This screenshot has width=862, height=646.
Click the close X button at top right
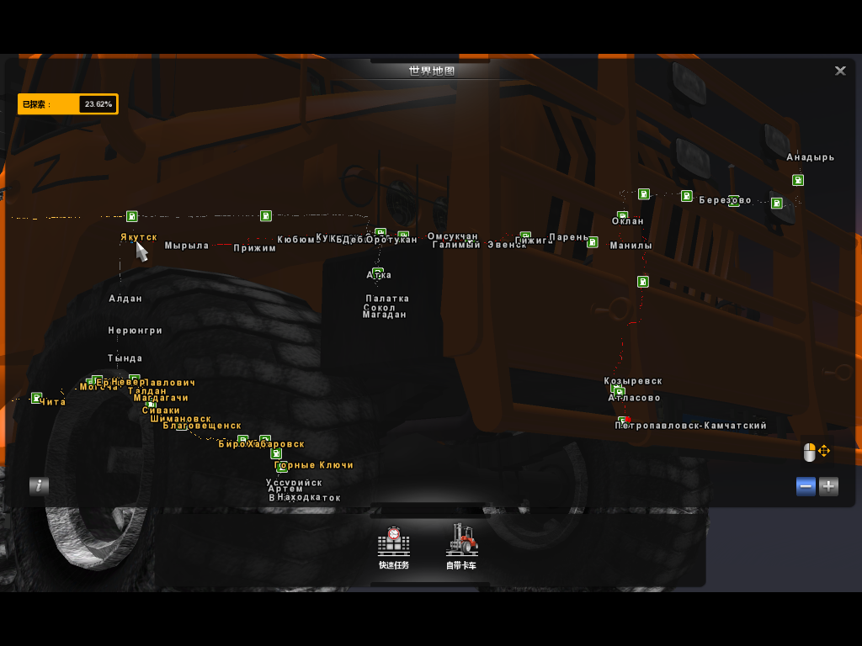[x=840, y=71]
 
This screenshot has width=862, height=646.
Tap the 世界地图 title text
[x=432, y=71]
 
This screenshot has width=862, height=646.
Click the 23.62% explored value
[x=98, y=104]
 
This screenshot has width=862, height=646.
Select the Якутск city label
[x=139, y=237]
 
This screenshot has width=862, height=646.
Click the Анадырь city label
[x=811, y=157]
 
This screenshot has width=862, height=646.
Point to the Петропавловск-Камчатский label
[x=691, y=426]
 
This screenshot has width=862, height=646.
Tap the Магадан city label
[x=385, y=315]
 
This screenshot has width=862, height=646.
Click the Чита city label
[x=52, y=402]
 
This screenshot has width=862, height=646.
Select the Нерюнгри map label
[x=136, y=331]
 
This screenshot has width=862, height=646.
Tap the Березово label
[x=725, y=200]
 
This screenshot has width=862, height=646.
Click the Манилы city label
[x=631, y=246]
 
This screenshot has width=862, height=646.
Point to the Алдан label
[x=125, y=299]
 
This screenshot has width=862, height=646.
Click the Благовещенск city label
[x=202, y=426]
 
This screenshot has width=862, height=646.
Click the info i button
[x=39, y=485]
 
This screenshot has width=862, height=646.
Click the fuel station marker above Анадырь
[x=798, y=180]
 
